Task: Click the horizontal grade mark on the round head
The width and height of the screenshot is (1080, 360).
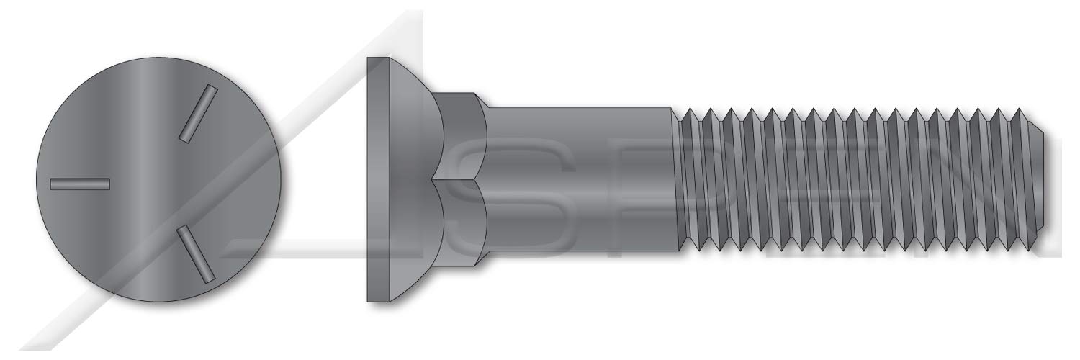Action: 79,184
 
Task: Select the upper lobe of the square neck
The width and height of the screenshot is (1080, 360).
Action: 461,137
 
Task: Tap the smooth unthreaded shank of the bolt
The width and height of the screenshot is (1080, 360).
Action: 576,180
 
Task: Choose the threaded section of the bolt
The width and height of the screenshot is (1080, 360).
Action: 850,180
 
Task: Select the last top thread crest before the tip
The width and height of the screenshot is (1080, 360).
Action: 1020,109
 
